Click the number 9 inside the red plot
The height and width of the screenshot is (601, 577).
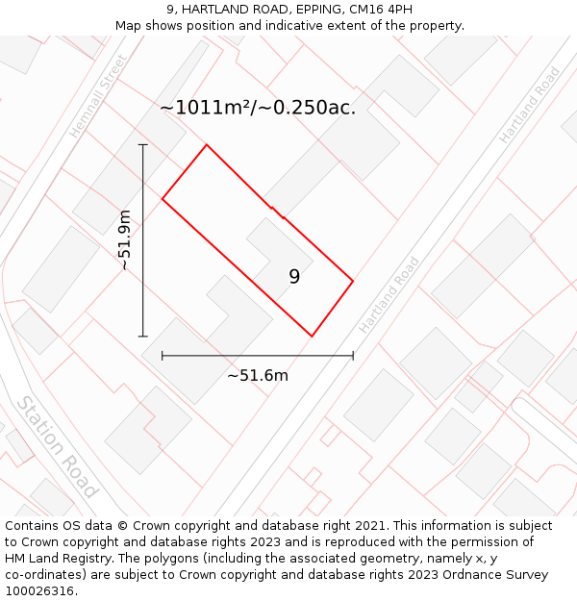[x=294, y=277]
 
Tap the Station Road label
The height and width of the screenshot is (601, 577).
[x=57, y=446]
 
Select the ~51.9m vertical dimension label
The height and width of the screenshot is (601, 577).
[x=124, y=240]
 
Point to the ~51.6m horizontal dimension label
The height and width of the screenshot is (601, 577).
[x=258, y=375]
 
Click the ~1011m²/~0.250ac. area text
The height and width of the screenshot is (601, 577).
[x=258, y=108]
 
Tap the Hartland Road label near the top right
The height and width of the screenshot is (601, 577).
[x=529, y=106]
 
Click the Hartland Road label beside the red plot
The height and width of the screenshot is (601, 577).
[x=389, y=295]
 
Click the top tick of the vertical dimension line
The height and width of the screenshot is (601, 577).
[x=143, y=145]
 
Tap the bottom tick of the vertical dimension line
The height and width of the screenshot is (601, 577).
[x=143, y=337]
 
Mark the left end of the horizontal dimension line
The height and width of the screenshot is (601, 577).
[x=163, y=356]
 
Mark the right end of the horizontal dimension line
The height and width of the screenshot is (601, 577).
[x=353, y=356]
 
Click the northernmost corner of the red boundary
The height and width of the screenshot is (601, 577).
[x=207, y=145]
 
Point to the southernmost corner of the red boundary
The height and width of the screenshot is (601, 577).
[x=312, y=337]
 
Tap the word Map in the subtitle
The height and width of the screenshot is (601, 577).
[x=129, y=26]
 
